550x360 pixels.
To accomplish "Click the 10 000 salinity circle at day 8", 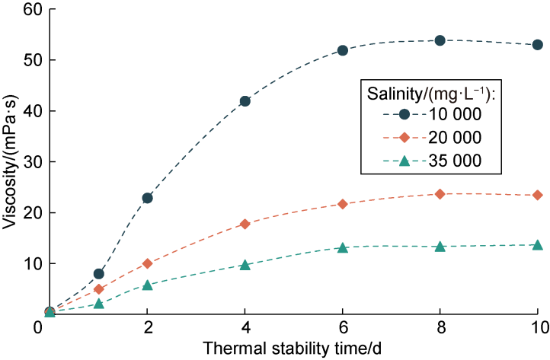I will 440,40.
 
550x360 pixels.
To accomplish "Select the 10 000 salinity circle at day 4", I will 245,101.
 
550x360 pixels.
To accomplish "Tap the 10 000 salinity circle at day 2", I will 147,198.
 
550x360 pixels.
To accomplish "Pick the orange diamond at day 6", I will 342,204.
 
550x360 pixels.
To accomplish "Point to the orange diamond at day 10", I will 537,195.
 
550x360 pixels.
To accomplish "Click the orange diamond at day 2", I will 147,263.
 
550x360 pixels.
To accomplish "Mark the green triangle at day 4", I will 245,265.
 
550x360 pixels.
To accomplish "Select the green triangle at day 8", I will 440,247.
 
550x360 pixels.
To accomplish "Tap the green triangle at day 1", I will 98,304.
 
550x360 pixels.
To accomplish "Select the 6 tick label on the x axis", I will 342,327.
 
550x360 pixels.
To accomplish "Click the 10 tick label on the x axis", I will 537,327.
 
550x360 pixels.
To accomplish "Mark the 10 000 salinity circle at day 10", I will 537,45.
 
